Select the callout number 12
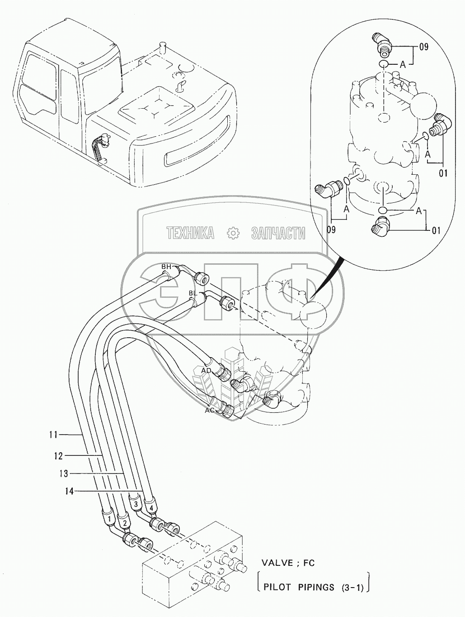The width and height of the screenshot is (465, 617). (58, 456)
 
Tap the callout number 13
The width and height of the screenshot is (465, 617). (64, 474)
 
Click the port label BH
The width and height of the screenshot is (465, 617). (166, 267)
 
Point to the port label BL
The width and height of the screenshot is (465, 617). (193, 293)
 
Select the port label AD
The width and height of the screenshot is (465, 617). (206, 370)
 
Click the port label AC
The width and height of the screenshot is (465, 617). (210, 410)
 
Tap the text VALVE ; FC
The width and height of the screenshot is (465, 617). (288, 563)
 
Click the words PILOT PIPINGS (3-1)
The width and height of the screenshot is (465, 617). (312, 588)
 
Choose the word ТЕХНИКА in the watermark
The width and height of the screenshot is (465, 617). (190, 233)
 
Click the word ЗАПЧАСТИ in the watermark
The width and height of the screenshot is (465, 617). (278, 233)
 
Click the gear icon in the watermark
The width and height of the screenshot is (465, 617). (233, 233)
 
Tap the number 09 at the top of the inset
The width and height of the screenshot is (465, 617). (423, 47)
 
